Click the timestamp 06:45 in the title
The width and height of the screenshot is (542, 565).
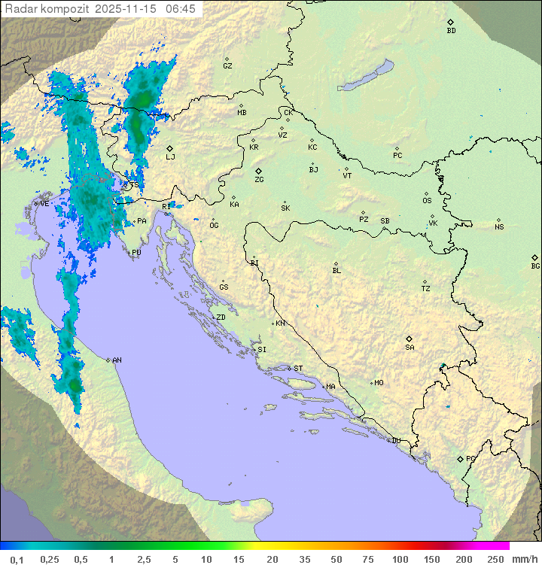click(181, 9)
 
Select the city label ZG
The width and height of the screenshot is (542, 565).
click(259, 180)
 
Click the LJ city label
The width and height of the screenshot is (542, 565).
click(170, 156)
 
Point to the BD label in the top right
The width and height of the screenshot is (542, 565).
click(451, 31)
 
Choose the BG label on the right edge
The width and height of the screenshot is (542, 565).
click(535, 266)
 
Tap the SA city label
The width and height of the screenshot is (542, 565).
click(410, 347)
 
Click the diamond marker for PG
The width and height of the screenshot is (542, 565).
click(461, 458)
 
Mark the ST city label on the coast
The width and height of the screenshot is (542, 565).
click(298, 369)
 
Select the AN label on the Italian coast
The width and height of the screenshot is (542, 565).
click(117, 360)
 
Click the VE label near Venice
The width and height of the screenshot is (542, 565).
click(44, 204)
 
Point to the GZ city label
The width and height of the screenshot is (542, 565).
click(227, 65)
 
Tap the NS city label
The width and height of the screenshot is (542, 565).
click(499, 227)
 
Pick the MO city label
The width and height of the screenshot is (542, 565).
click(379, 383)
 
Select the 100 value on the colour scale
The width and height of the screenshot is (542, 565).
click(400, 559)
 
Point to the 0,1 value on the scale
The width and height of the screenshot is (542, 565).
click(17, 559)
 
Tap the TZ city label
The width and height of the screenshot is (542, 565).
click(425, 288)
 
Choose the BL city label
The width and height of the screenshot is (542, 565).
click(336, 270)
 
